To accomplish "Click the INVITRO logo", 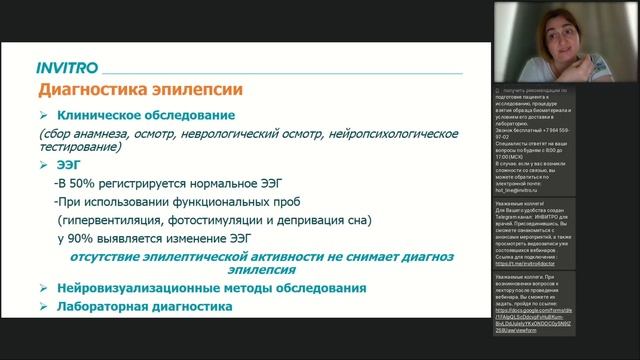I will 67,69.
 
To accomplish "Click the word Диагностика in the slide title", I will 91,91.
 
